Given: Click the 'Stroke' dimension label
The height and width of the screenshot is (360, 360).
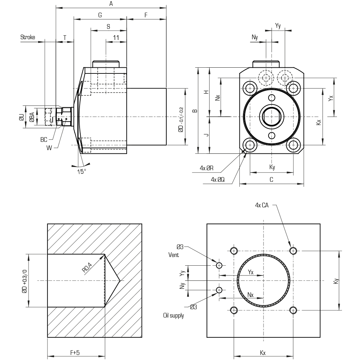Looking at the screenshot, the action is [28, 37].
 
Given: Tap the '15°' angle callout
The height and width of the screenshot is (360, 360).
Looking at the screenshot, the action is [81, 171].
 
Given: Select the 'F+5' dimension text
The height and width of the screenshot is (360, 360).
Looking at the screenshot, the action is [75, 352].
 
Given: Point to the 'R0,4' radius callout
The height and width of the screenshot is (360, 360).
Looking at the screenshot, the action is [87, 268].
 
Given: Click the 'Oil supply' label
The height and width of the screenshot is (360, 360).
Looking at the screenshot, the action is [174, 315].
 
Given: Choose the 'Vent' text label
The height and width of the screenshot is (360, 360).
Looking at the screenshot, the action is [174, 255].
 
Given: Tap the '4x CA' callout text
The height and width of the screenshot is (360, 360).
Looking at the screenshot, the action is [262, 205].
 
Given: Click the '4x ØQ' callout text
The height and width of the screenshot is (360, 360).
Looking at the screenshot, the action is [218, 180].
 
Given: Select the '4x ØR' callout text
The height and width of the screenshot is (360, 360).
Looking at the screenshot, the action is [207, 168].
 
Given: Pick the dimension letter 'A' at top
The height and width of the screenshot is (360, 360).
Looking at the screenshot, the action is [111, 4].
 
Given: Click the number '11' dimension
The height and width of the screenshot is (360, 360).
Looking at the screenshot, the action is [116, 38].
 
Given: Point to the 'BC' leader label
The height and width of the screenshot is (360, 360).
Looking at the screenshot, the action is [44, 140].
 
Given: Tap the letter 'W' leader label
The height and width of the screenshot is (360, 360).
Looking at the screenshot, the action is [49, 148].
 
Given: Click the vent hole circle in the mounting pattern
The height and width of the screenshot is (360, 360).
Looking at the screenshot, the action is [219, 265].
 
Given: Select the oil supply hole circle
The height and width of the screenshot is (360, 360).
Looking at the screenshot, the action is [219, 290].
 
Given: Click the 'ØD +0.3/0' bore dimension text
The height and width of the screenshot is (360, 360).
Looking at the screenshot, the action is [24, 281].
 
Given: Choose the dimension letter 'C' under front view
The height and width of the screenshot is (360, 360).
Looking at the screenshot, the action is [271, 180].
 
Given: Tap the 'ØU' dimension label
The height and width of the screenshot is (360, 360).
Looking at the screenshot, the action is [22, 117].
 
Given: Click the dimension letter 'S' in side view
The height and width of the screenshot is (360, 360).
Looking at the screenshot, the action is [108, 27].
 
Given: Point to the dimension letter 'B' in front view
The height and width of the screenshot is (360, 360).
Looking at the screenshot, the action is [195, 111].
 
